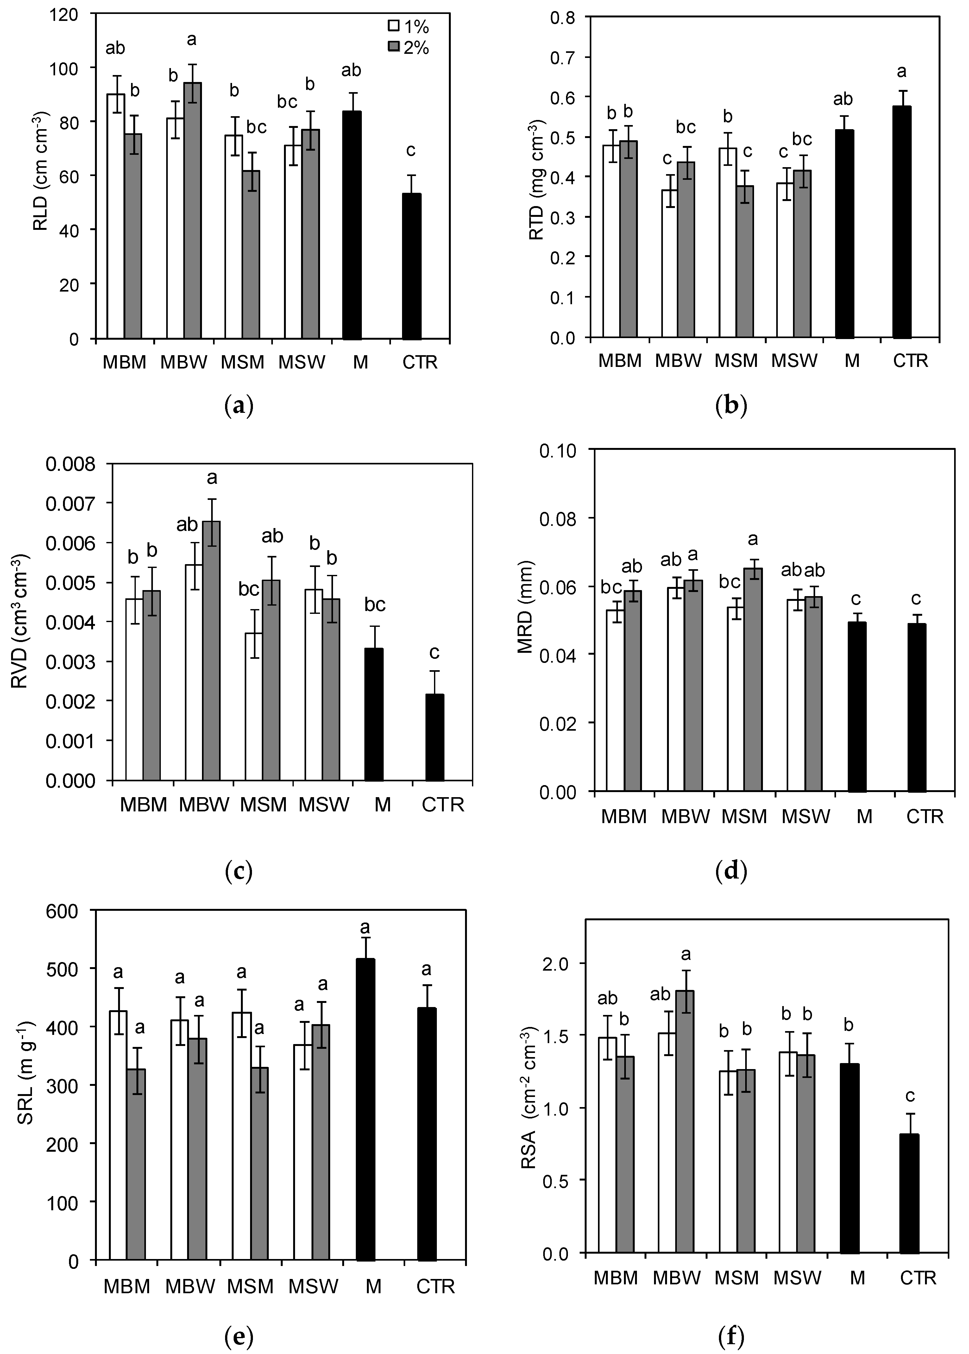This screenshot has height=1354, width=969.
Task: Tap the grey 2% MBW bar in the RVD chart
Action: click(x=211, y=651)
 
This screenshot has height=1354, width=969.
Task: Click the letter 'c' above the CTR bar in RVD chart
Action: click(x=434, y=653)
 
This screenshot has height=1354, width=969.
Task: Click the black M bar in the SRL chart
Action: click(x=365, y=1110)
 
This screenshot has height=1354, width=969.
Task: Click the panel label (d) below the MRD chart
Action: click(x=731, y=872)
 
